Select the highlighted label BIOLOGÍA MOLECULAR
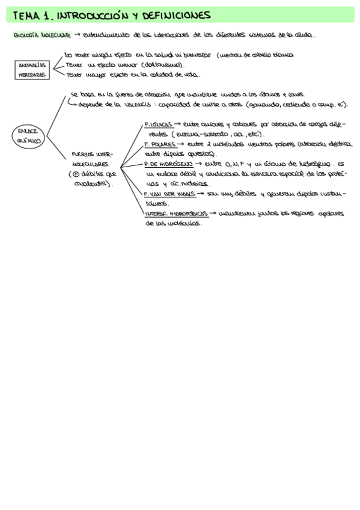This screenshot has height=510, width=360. [x=41, y=35]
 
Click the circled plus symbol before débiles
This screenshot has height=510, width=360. [x=77, y=174]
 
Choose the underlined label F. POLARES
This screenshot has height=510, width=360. [x=160, y=144]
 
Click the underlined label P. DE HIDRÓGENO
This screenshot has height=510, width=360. [x=167, y=164]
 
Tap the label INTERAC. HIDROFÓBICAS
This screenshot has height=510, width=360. [x=175, y=214]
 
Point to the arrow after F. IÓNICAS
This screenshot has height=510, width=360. [x=178, y=124]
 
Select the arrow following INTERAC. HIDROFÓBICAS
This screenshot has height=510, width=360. [x=213, y=214]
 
